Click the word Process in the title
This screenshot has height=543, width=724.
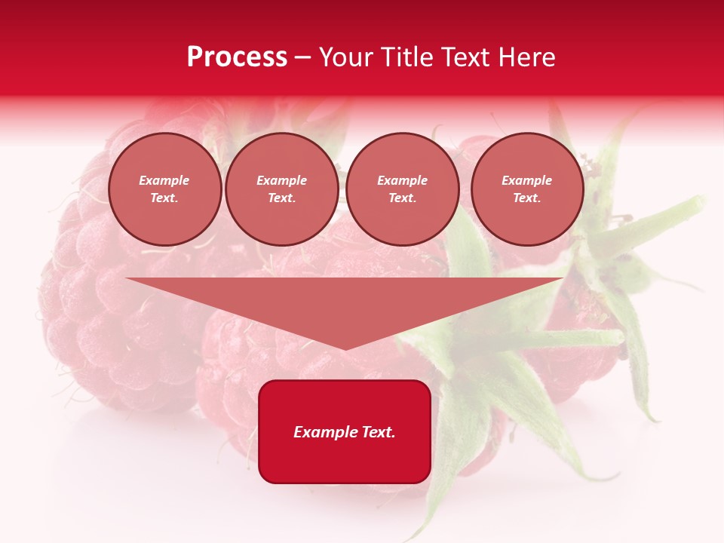pos(237,57)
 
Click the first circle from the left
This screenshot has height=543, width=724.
pos(165,189)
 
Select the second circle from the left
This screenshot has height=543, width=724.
pos(282,189)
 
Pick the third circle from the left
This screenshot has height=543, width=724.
pos(403,189)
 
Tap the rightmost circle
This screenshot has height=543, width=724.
pos(527,189)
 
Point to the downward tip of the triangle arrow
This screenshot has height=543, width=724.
pos(345,348)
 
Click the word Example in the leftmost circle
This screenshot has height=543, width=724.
pos(164,180)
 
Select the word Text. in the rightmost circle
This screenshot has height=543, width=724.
pos(527,198)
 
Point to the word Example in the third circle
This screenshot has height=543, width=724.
pos(403,180)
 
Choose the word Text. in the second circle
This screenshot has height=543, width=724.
pos(282,198)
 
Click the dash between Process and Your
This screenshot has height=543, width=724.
pos(303,57)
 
